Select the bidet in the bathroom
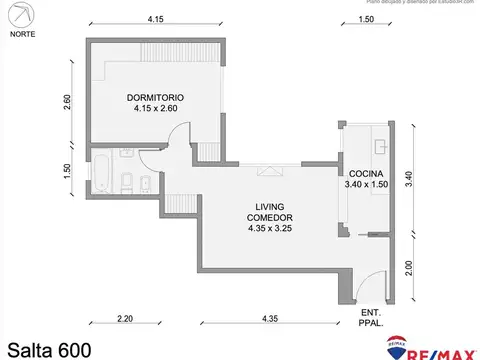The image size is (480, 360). pos(146,183)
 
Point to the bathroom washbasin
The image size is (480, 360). pos(126,152)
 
